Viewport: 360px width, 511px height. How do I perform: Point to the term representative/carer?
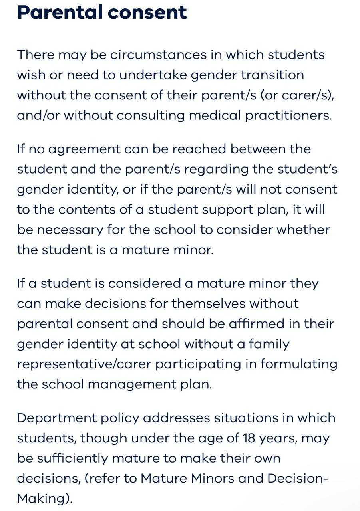[x=84, y=364]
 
